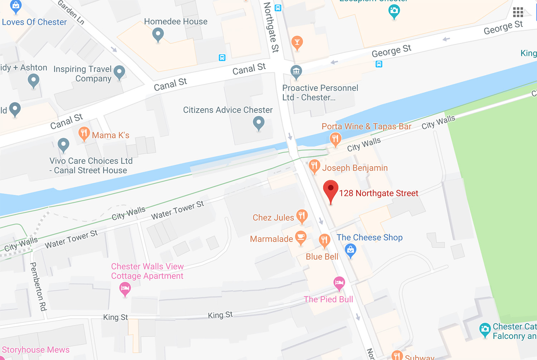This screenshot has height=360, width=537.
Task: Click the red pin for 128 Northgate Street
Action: (330, 190)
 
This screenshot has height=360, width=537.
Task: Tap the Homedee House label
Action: (175, 21)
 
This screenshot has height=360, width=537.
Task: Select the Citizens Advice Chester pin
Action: (258, 123)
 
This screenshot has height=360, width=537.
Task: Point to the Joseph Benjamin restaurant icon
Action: (314, 166)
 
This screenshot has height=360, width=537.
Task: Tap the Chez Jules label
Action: (273, 218)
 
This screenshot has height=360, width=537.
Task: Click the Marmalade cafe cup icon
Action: (301, 237)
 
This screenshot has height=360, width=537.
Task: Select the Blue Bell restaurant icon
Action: (324, 240)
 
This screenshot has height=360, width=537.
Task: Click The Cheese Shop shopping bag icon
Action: (350, 250)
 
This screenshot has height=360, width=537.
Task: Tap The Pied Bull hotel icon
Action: (339, 283)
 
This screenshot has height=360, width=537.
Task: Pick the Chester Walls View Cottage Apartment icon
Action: (125, 288)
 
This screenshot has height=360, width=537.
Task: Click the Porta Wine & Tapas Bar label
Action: (366, 126)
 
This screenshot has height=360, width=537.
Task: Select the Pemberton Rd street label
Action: (38, 286)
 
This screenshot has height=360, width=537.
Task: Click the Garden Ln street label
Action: (71, 13)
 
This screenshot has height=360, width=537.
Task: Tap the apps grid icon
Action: (518, 12)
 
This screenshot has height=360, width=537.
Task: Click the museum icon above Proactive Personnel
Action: (296, 71)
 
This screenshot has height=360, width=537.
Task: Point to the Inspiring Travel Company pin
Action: (119, 72)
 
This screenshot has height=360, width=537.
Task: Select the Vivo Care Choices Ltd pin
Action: (63, 144)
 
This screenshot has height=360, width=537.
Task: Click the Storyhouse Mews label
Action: (36, 350)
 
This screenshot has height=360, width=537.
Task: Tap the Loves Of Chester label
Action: (34, 22)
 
